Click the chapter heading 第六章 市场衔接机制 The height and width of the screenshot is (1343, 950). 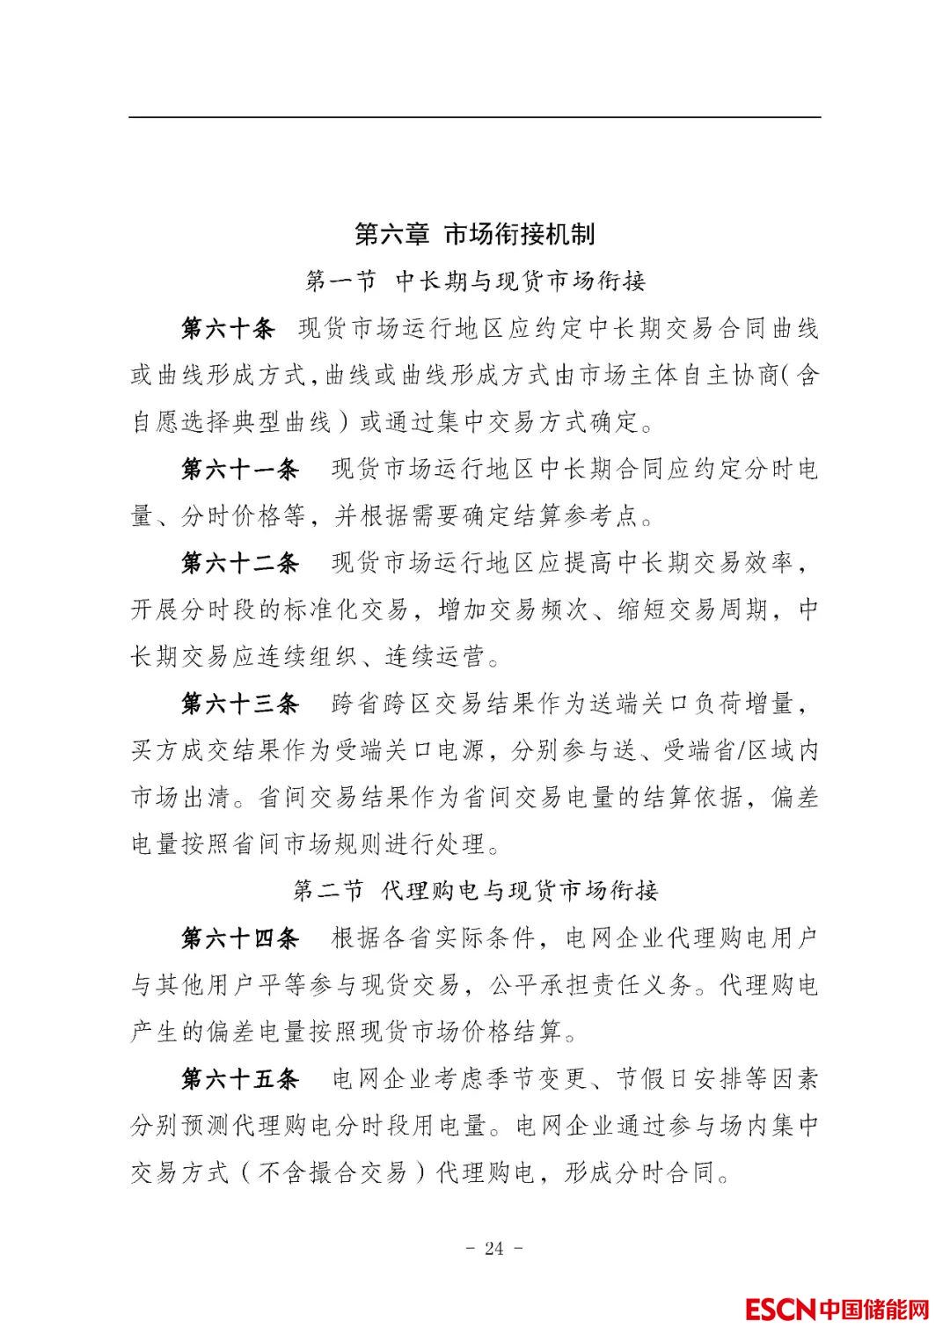(475, 234)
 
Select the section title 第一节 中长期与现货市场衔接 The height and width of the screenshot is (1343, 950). (475, 281)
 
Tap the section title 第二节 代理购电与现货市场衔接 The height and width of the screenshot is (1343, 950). (475, 891)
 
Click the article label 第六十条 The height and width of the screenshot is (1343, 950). (228, 329)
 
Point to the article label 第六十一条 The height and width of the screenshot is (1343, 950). (240, 469)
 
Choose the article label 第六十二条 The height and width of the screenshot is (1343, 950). (240, 563)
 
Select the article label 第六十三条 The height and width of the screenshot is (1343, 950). (240, 704)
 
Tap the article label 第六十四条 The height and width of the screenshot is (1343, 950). (240, 938)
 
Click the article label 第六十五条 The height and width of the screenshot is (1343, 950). (240, 1078)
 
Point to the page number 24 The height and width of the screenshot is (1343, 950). (493, 1248)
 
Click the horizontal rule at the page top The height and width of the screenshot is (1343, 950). (475, 117)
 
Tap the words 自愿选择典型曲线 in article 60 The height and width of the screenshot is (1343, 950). (231, 422)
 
